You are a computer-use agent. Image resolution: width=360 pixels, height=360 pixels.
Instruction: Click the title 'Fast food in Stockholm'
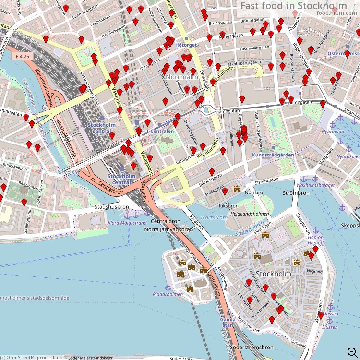293,6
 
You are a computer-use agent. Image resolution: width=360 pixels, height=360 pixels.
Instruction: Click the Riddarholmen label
168,294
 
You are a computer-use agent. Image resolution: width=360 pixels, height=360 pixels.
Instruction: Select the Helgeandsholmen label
250,214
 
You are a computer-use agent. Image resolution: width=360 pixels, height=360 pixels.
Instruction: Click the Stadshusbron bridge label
112,207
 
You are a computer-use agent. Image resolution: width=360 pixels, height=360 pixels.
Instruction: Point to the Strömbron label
296,193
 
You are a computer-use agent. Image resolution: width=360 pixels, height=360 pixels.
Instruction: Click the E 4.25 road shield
22,56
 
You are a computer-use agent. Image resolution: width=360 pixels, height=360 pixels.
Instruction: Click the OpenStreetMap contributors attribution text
36,357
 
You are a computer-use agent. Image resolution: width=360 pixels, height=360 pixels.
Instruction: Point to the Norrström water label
214,217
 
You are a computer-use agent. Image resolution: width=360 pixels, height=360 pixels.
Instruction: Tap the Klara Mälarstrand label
127,223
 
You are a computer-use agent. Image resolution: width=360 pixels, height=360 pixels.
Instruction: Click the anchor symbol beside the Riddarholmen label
168,287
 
